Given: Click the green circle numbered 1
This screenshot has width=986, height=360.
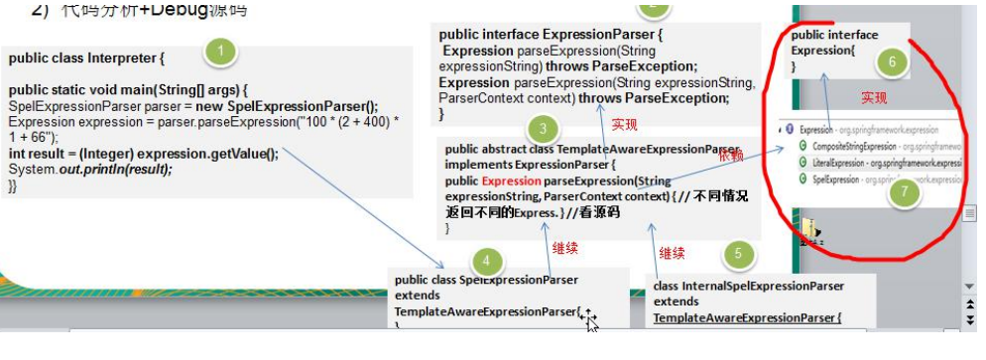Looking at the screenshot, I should pyautogui.click(x=220, y=50).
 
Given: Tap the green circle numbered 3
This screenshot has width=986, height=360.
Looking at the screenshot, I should pyautogui.click(x=543, y=128).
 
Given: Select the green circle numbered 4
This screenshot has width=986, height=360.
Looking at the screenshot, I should pyautogui.click(x=485, y=261).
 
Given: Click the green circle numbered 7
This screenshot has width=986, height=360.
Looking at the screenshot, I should pyautogui.click(x=902, y=193).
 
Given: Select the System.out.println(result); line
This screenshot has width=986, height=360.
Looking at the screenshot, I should pyautogui.click(x=89, y=170).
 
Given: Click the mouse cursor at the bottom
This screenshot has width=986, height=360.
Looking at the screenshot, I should pyautogui.click(x=590, y=319).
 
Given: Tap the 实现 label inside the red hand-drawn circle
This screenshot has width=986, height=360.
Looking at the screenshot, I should pyautogui.click(x=874, y=98).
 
